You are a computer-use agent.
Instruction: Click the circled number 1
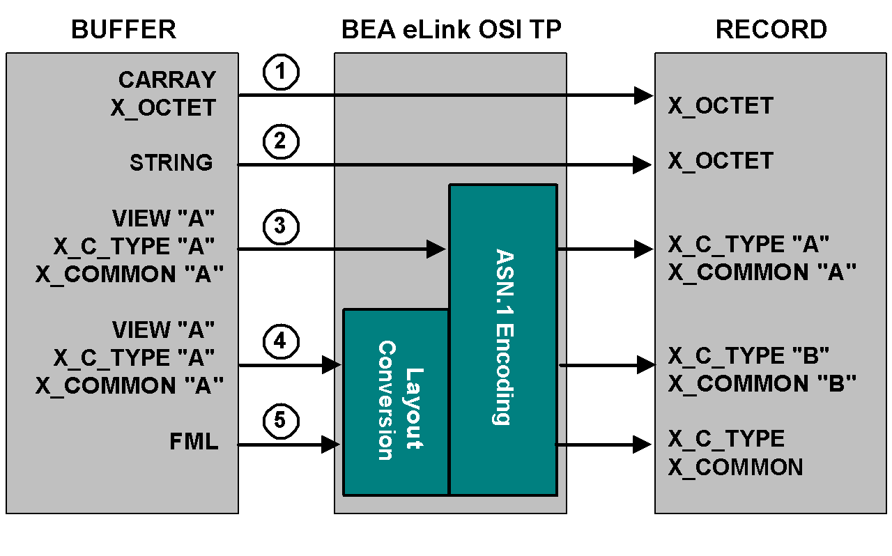[281, 73]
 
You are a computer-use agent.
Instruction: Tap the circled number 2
[281, 142]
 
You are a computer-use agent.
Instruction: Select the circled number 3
[281, 226]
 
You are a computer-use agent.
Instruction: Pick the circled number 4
[281, 341]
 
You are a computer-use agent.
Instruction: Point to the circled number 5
[281, 422]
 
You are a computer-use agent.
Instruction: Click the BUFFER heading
[123, 30]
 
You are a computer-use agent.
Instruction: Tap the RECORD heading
[771, 30]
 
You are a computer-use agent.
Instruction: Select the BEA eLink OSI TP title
[451, 30]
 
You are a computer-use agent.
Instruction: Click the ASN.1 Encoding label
[502, 337]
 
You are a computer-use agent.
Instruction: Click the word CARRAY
[167, 80]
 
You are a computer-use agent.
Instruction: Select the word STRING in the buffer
[171, 163]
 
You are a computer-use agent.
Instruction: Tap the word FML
[194, 442]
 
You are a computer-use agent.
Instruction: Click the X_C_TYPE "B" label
[748, 356]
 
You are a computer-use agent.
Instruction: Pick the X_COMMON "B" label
[762, 384]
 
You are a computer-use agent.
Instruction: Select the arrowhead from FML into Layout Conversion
[331, 444]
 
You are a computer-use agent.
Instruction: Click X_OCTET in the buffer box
[163, 108]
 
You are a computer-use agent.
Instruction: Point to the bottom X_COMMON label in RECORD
[736, 467]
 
